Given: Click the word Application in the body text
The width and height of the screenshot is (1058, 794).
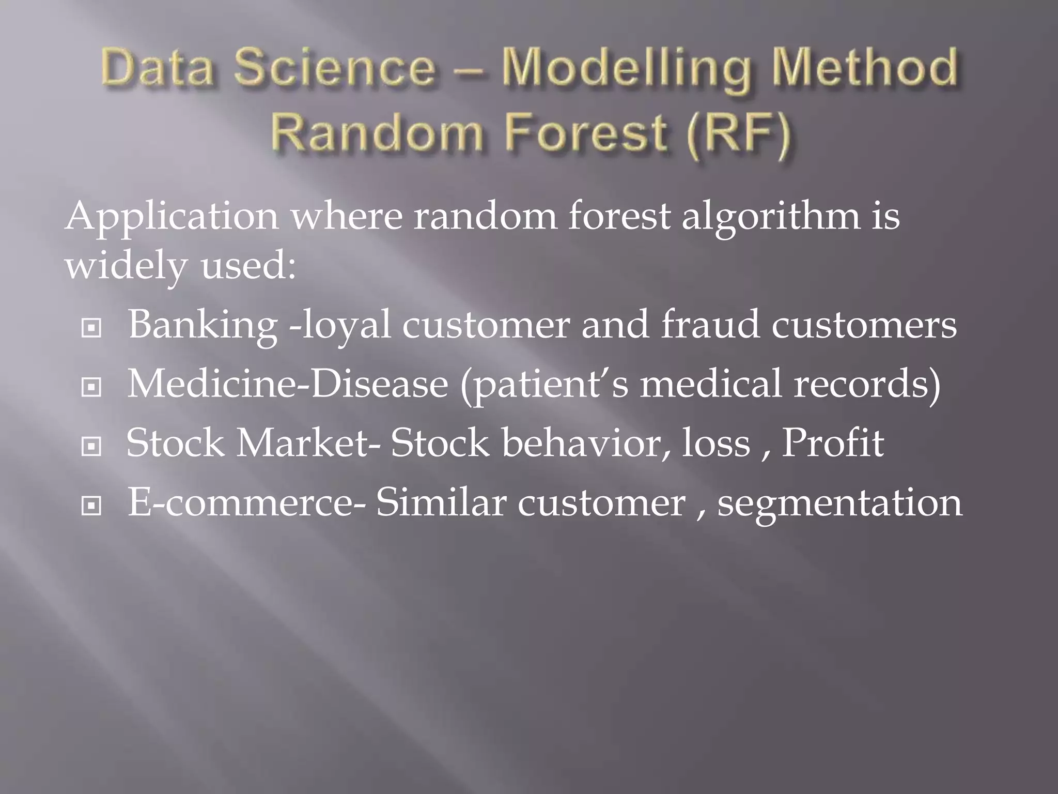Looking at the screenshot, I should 172,217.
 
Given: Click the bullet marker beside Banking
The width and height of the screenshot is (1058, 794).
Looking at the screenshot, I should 91,328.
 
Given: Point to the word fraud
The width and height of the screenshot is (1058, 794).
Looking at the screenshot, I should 710,326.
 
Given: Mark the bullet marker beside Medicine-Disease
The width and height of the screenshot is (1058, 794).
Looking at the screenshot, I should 91,387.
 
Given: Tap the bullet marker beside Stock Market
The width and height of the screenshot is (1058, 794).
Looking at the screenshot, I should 91,447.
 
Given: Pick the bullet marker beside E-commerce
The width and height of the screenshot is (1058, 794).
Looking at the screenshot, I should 91,506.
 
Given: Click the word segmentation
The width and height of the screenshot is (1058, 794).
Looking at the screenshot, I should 839,504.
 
